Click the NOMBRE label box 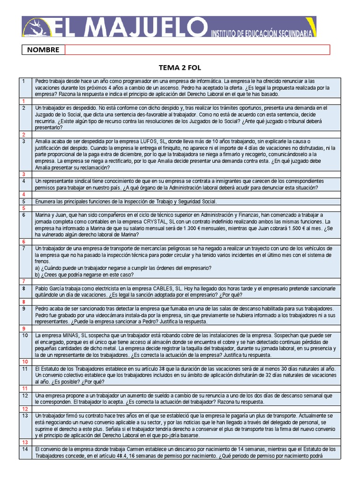pos(43,50)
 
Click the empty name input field pos(197,50)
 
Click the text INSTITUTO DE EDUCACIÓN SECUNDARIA pos(262,34)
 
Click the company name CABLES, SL pos(166,289)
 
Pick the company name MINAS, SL pos(71,336)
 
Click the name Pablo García pos(51,289)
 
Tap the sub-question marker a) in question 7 pos(38,268)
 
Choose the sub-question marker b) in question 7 pos(38,275)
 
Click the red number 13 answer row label pos(25,442)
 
